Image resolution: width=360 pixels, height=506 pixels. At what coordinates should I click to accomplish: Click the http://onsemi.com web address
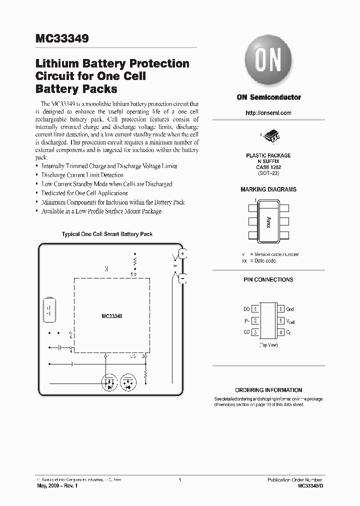pyautogui.click(x=268, y=113)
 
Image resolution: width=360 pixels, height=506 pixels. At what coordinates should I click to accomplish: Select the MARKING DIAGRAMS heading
pyautogui.click(x=268, y=189)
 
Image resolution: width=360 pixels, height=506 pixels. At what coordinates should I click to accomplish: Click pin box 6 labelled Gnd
pyautogui.click(x=281, y=309)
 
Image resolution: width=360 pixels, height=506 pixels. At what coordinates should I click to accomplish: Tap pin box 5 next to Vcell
pyautogui.click(x=281, y=320)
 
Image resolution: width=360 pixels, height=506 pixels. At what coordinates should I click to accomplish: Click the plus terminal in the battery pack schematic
pyautogui.click(x=182, y=254)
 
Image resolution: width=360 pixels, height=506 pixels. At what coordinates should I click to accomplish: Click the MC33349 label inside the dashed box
pyautogui.click(x=112, y=316)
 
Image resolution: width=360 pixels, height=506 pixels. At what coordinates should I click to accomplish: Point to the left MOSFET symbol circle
pyautogui.click(x=109, y=383)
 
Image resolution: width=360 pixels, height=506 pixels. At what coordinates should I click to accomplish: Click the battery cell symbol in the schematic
pyautogui.click(x=50, y=312)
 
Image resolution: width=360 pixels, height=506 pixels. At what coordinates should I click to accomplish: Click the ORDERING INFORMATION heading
pyautogui.click(x=268, y=390)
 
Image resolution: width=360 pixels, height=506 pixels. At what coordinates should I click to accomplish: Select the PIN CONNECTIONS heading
pyautogui.click(x=268, y=279)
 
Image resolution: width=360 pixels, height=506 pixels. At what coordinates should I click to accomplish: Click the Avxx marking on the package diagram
pyautogui.click(x=268, y=222)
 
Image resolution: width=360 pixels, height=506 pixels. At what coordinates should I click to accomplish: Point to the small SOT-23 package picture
pyautogui.click(x=269, y=136)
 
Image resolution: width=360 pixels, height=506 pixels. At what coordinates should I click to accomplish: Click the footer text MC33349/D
pyautogui.click(x=310, y=485)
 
